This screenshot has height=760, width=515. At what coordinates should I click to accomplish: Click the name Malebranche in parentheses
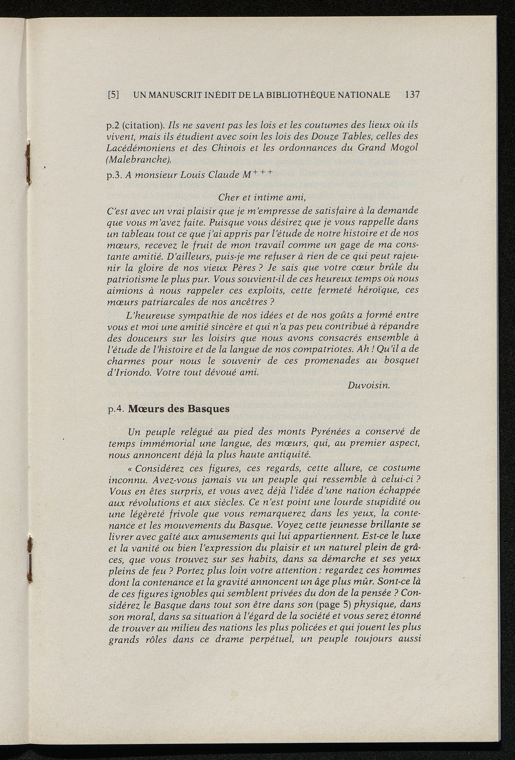139,160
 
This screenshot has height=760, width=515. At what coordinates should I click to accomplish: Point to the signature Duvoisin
368,385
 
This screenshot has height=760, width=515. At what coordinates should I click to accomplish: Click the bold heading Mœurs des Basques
179,408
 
